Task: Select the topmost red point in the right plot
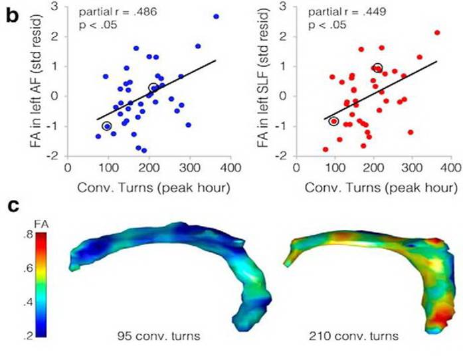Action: [436, 33]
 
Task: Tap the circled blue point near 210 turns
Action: [153, 88]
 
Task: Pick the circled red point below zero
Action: [333, 121]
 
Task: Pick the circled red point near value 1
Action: [378, 68]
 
